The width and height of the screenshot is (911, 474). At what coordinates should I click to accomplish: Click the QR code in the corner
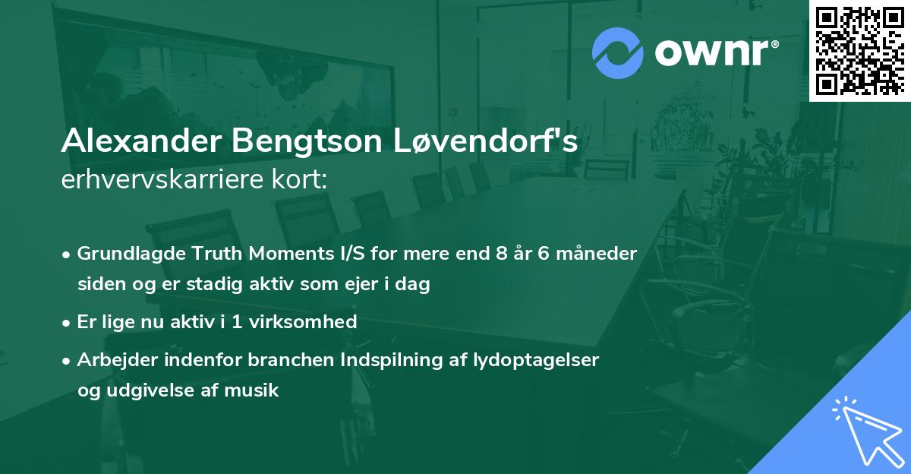860,50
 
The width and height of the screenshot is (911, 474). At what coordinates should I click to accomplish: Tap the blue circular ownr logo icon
617,53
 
